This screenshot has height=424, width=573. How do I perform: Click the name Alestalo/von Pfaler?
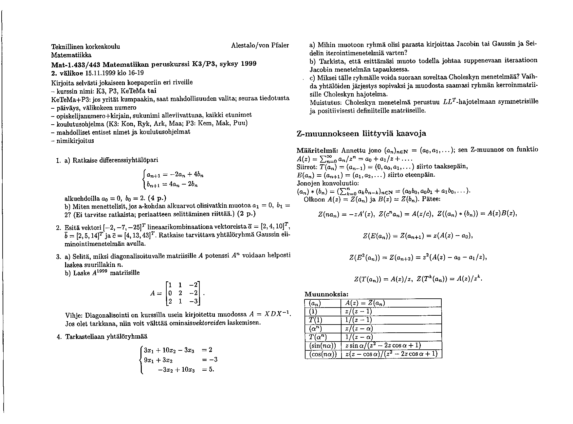[260, 46]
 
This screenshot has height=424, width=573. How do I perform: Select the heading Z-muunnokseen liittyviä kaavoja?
[361, 133]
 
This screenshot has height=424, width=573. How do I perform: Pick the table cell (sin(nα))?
[323, 345]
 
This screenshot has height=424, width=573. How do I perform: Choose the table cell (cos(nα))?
[323, 354]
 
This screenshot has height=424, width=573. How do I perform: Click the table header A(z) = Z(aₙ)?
[365, 303]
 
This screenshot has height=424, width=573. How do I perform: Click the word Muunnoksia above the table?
[326, 294]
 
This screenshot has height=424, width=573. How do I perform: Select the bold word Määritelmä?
[317, 151]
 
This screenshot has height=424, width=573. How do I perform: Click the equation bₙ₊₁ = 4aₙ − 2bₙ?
[172, 185]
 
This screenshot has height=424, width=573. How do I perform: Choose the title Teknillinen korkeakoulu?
[85, 46]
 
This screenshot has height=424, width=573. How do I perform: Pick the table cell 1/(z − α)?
[359, 337]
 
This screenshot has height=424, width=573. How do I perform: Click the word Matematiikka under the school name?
[71, 55]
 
